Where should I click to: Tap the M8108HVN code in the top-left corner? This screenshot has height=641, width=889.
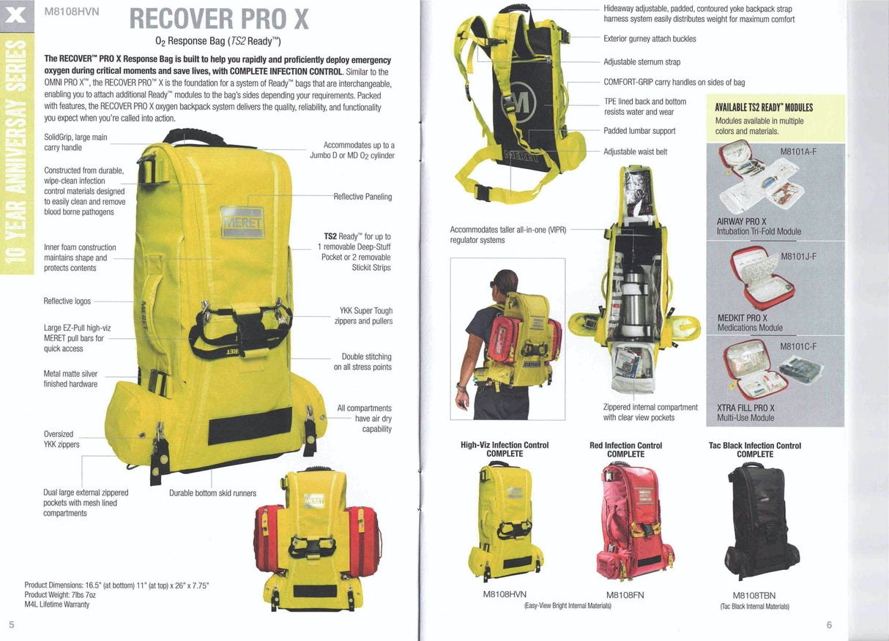point(72,12)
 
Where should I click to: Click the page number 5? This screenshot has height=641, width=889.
point(11,623)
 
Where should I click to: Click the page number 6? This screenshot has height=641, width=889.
point(829,624)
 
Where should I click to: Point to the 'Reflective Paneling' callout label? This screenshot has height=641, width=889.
point(362,197)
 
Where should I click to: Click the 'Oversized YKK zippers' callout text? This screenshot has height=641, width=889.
point(62,439)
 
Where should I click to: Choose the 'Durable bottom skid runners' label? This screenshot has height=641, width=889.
point(212,493)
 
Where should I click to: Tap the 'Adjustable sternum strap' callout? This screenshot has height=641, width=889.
point(641,62)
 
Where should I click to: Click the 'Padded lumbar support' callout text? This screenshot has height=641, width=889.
point(639,131)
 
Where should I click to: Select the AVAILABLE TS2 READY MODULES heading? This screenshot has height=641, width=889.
point(764,108)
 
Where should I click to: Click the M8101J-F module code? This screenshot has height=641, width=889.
point(798,257)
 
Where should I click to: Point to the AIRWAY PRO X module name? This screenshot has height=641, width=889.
point(742,222)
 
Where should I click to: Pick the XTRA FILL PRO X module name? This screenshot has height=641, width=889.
point(745,408)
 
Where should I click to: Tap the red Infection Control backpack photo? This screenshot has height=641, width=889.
point(626,520)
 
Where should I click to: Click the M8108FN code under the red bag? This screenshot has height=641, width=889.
point(625,595)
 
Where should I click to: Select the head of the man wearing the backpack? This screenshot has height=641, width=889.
point(505,282)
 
